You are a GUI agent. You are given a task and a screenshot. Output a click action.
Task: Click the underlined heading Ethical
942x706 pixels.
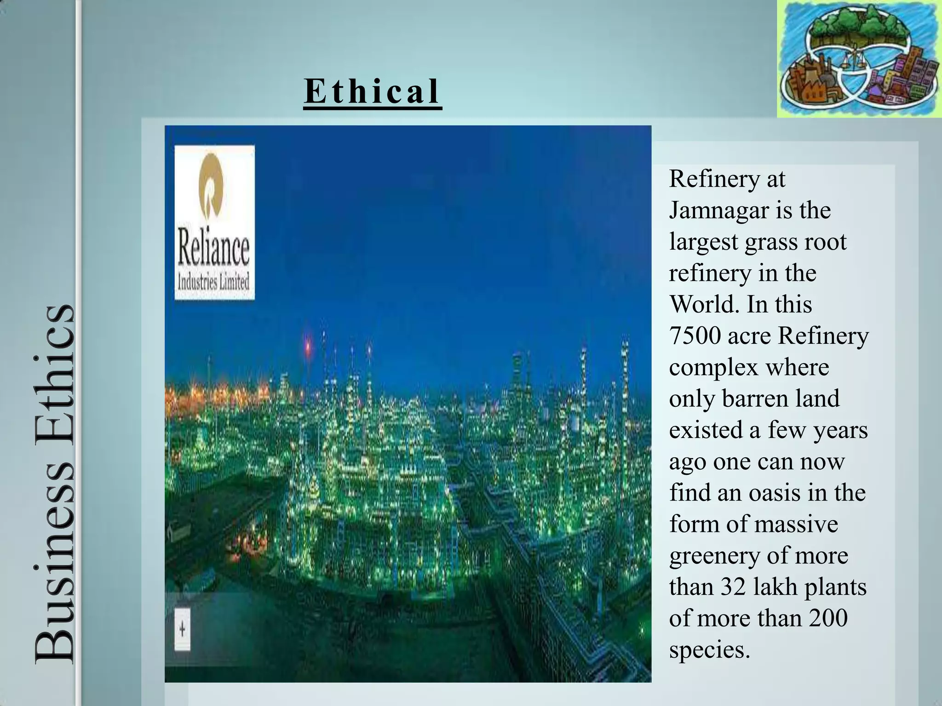click(x=372, y=91)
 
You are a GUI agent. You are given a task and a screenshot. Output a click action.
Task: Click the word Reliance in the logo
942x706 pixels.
click(x=213, y=249)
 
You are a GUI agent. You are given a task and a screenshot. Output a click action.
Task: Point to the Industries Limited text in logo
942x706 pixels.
click(x=213, y=281)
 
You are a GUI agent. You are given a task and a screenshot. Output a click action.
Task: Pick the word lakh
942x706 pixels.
click(x=775, y=587)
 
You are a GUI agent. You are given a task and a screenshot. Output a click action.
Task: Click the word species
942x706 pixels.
click(x=709, y=650)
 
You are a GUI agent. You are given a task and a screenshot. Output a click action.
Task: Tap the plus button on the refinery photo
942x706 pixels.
click(x=183, y=629)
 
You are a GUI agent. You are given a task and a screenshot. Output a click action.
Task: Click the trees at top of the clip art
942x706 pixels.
click(x=859, y=28)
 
